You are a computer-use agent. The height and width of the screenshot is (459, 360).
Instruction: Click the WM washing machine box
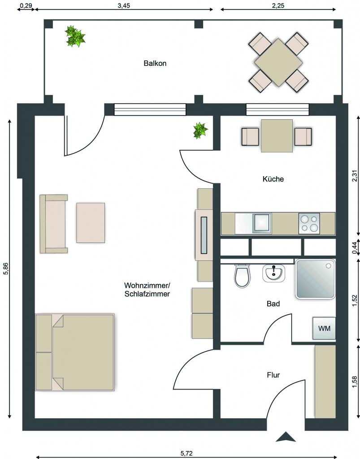[x=324, y=328]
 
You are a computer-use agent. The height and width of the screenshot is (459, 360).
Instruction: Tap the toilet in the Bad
[x=243, y=276]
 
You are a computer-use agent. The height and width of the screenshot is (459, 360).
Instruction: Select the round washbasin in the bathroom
[x=273, y=273]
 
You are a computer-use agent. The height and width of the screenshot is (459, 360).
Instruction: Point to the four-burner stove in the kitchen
[x=309, y=224]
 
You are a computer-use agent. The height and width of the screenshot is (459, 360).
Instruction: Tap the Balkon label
[x=155, y=63]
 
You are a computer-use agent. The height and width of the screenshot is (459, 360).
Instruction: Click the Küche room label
[x=273, y=179]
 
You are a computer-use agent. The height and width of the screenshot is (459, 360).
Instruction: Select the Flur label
[x=273, y=375]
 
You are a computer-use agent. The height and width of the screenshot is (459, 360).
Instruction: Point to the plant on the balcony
[x=75, y=37]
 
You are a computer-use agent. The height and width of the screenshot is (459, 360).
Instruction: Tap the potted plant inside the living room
[x=200, y=130]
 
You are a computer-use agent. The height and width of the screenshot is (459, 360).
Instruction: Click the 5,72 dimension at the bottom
[x=187, y=454]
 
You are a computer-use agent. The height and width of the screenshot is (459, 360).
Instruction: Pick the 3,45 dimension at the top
[x=124, y=6]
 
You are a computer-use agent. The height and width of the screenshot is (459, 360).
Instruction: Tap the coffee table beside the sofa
[x=91, y=223]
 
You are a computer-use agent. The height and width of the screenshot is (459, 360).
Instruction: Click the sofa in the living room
[x=53, y=224]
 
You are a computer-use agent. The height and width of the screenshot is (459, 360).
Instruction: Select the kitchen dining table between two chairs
[x=277, y=135]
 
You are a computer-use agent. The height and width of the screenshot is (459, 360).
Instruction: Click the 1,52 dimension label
[x=355, y=301]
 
